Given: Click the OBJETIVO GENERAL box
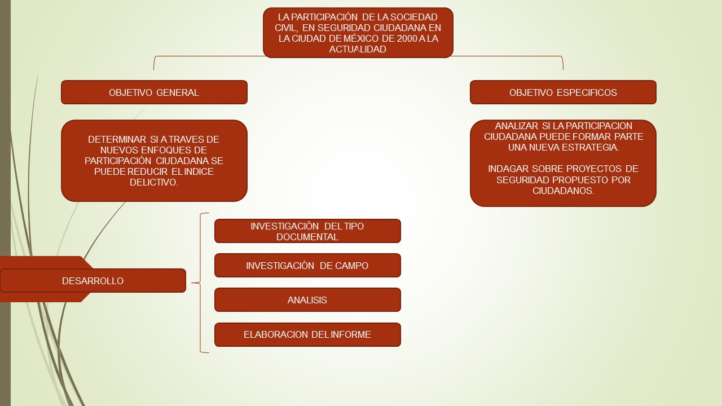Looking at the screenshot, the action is [154, 92].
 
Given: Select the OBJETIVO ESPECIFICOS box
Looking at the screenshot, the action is [563, 92].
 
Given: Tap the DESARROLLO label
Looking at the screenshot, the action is [93, 281].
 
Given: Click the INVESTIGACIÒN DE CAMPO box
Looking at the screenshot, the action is [307, 266].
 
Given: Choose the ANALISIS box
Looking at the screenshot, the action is [307, 300].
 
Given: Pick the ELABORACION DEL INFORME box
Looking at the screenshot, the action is [307, 334].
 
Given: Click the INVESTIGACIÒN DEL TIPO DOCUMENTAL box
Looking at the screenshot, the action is [307, 231].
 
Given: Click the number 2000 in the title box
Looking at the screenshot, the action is [401, 38].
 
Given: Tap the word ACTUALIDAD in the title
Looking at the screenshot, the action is [358, 49].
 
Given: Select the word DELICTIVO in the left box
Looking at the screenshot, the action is [154, 182].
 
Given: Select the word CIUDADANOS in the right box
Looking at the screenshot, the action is [563, 191].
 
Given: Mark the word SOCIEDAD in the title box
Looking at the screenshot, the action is [411, 17].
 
